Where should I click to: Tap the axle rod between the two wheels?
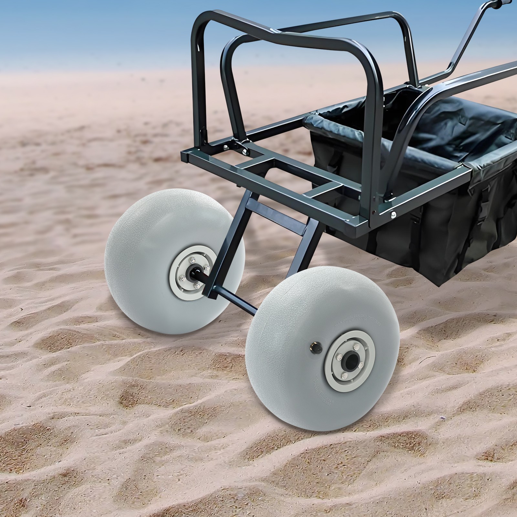point(239,302)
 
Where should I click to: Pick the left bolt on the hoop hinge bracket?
point(225,146)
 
